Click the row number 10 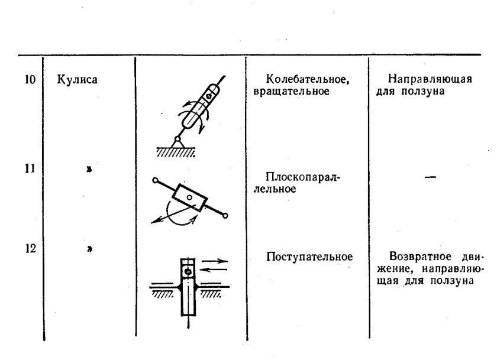(x=30, y=79)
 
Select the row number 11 (x=30, y=169)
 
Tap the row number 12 (x=30, y=249)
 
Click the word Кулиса (x=78, y=79)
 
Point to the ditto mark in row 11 (x=89, y=170)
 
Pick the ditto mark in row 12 (x=89, y=249)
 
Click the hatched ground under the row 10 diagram (x=176, y=152)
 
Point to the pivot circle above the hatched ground (x=176, y=140)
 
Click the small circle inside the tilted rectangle (x=189, y=196)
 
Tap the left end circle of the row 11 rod (x=154, y=180)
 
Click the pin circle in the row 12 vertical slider (x=188, y=272)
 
